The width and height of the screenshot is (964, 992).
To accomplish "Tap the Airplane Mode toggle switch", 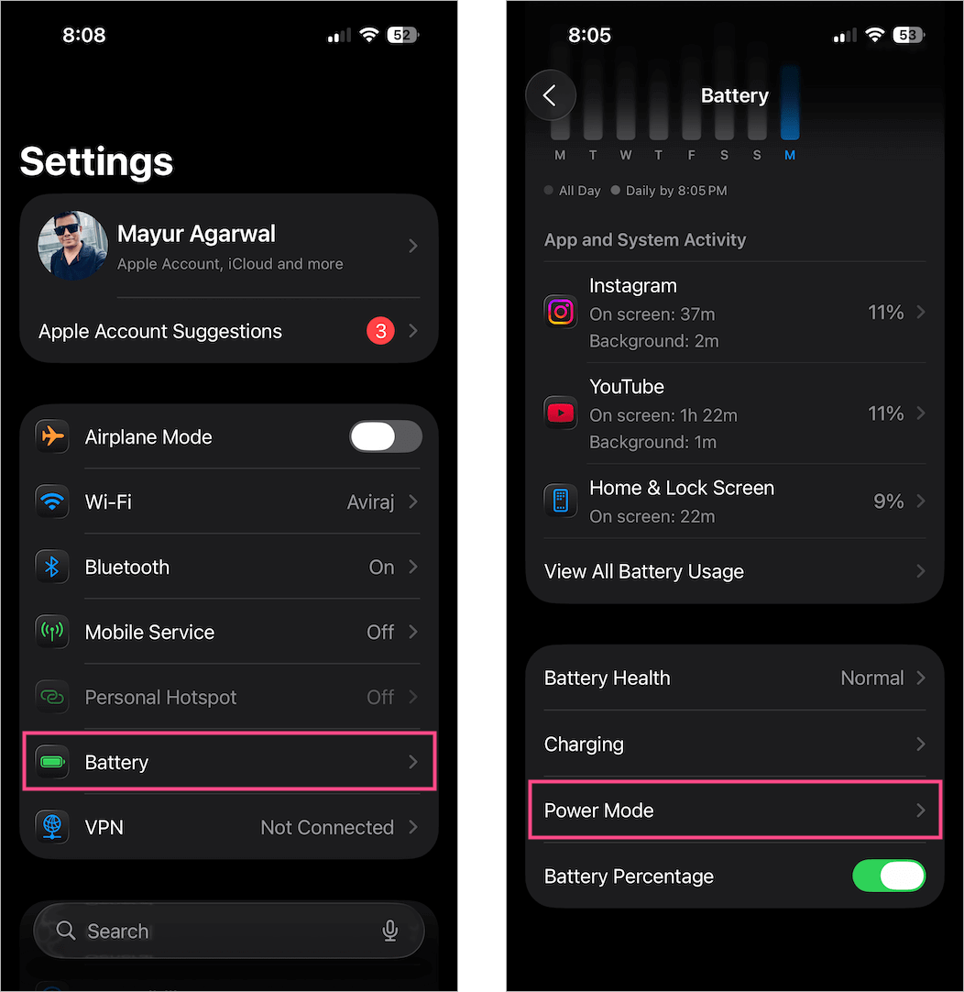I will pos(386,437).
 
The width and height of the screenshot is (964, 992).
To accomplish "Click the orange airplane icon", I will pos(52,436).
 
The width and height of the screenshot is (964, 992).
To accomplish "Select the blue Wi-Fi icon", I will pos(52,502).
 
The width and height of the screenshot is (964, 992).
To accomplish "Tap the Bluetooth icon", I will pos(52,567).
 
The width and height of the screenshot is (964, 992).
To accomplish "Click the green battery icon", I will pos(52,762).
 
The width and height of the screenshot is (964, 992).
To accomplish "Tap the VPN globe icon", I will pos(52,827).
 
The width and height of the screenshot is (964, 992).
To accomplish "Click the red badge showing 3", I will pos(379,331).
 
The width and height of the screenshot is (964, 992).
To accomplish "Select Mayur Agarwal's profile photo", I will pos(72,246).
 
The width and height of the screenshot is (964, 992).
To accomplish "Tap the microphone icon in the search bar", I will pos(390,931).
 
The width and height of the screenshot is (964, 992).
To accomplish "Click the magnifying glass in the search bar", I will pos(66,931).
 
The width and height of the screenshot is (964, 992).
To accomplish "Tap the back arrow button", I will pos(550,95).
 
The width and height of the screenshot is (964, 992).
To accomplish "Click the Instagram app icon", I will pos(561,313).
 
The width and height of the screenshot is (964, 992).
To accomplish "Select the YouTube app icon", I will pos(561,413).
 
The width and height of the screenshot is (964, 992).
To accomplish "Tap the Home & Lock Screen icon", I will pos(561,501).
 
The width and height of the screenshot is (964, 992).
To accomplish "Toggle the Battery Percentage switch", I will pos(889,876).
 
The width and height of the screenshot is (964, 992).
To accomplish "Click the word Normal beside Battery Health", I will pos(871,678).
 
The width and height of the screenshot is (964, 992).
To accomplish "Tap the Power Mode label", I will pos(598,810).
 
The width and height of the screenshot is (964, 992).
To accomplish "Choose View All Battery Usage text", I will pos(643,572).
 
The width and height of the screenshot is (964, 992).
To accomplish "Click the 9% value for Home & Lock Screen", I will pos(888,502).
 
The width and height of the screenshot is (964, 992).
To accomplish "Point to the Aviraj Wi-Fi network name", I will pos(370,502).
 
